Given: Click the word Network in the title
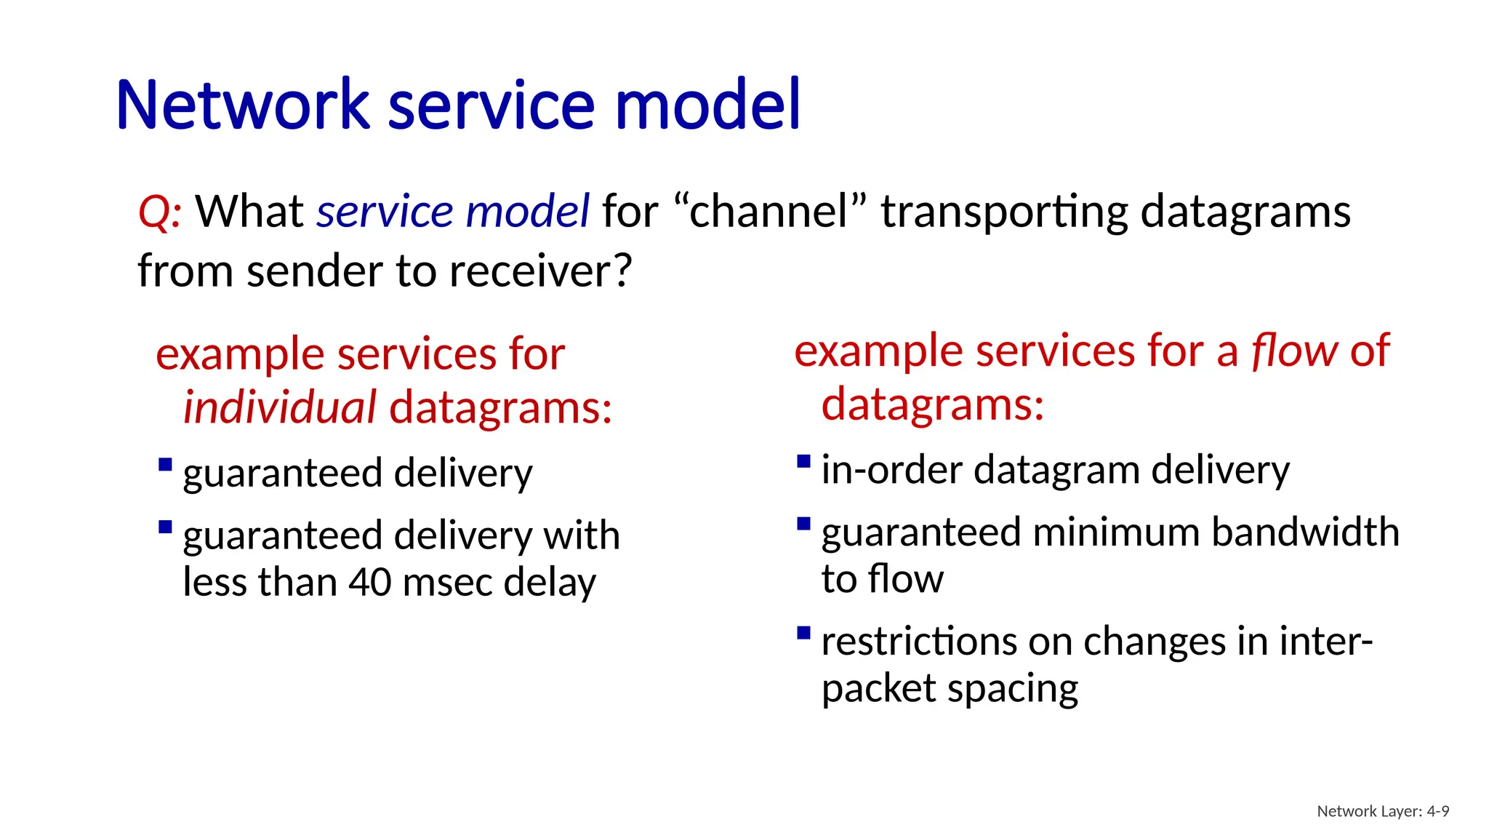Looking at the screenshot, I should click(x=243, y=105).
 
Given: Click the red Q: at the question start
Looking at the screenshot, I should click(x=159, y=212).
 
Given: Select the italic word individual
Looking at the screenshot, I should click(x=279, y=407).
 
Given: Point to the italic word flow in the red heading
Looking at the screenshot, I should click(x=1293, y=351).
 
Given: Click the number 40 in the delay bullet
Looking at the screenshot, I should click(x=370, y=582).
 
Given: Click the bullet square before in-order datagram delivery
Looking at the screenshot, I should click(x=803, y=461).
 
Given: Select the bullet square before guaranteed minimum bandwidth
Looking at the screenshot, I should click(x=803, y=524).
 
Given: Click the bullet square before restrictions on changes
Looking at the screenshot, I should click(x=803, y=632).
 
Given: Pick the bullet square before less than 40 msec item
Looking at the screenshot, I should click(x=165, y=527).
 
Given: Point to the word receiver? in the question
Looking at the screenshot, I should click(x=541, y=271).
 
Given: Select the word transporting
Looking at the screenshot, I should click(x=1004, y=212).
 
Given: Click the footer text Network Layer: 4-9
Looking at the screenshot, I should click(x=1382, y=811).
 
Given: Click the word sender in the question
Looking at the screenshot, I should click(x=316, y=271).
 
